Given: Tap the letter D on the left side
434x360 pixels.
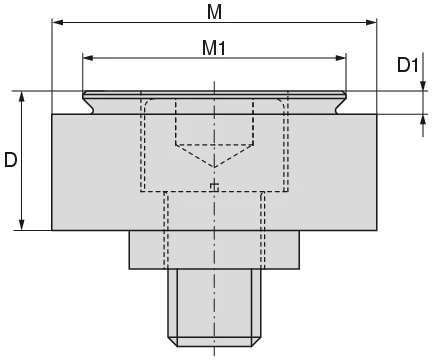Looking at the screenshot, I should click(x=10, y=160).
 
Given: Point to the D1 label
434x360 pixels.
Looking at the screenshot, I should click(x=406, y=66).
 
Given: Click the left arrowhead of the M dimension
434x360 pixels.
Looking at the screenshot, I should click(x=57, y=21).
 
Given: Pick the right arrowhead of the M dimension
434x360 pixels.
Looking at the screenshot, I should click(x=375, y=21).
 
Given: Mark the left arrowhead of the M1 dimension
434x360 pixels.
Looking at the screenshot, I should click(x=88, y=58).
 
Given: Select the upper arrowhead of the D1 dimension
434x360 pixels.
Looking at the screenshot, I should click(x=422, y=87).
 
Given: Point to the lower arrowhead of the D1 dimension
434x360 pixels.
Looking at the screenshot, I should click(x=422, y=119).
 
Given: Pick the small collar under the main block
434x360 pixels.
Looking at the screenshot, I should click(x=214, y=250).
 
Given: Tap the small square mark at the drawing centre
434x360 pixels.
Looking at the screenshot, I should click(x=215, y=187).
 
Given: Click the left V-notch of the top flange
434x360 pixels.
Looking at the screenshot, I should click(x=90, y=104).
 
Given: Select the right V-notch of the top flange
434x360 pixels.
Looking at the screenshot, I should click(x=339, y=104).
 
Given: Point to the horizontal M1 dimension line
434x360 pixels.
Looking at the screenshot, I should click(x=150, y=58).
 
